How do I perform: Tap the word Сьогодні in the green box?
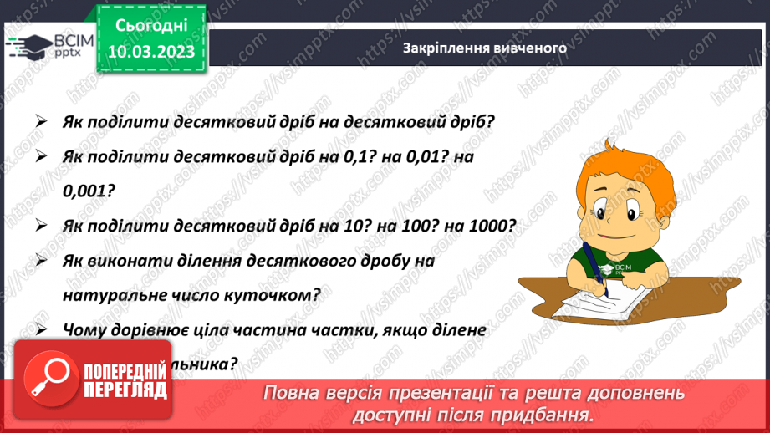point(151,27)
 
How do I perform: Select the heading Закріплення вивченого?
point(484,48)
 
